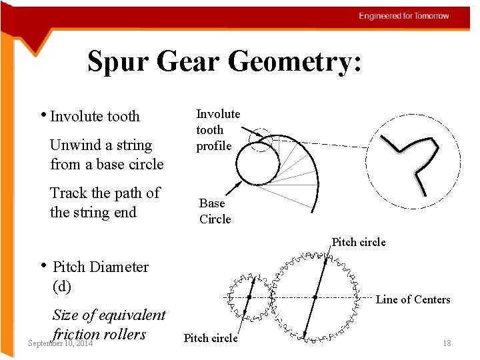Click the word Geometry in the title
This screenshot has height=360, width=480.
[296, 62]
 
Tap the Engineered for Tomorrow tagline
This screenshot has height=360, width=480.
[404, 16]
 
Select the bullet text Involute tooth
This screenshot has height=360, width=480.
[95, 117]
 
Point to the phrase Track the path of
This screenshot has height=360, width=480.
[105, 193]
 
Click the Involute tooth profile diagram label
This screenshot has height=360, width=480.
[217, 130]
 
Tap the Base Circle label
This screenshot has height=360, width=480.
[215, 211]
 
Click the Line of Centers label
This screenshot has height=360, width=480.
[413, 299]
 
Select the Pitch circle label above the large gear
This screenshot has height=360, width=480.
[359, 242]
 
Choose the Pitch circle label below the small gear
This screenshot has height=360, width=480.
[210, 338]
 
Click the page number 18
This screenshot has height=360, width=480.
[447, 343]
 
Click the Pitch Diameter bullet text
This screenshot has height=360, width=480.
[100, 267]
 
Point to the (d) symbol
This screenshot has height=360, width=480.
[61, 287]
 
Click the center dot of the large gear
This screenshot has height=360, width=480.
[315, 297]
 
